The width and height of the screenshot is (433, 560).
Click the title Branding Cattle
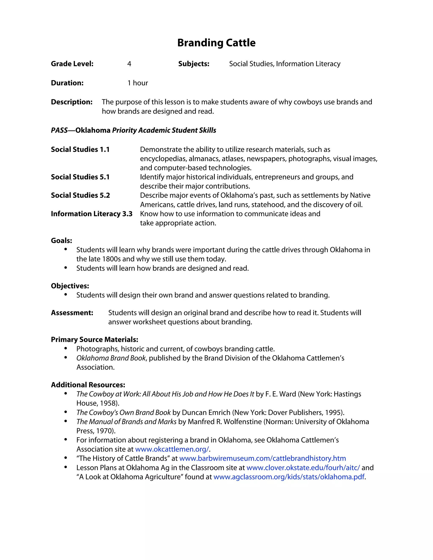216,43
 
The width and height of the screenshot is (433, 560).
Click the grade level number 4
129,64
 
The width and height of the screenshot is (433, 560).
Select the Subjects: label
194,64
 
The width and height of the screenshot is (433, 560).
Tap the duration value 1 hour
138,83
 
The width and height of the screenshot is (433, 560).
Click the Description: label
72,102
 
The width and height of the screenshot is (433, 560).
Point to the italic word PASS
59,130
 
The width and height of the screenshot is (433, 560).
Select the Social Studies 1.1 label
80,149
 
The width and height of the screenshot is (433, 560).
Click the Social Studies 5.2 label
80,195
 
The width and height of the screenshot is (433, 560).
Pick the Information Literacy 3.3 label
92,214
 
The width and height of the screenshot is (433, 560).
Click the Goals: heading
62,240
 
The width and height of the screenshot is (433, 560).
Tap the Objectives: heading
70,286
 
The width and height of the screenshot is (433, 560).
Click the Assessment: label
72,313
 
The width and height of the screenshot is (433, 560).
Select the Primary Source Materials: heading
94,340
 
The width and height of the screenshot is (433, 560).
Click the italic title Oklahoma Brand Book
111,358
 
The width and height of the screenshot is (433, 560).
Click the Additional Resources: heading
88,385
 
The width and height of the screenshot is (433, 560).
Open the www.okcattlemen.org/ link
172,449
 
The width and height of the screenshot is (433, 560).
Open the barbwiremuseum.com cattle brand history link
262,459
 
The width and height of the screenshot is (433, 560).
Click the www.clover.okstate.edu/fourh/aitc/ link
303,468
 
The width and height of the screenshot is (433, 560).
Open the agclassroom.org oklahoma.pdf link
289,477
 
